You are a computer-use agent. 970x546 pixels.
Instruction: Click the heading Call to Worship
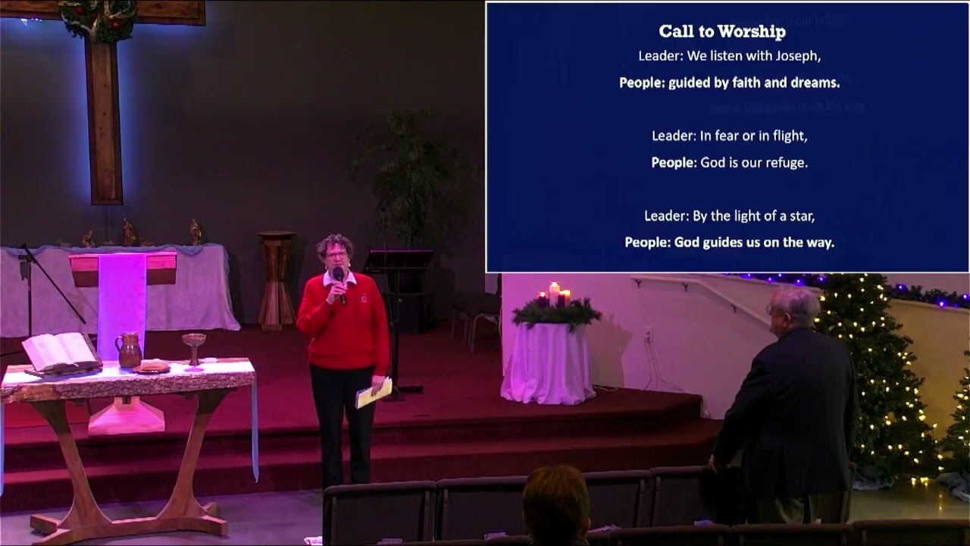point(721,31)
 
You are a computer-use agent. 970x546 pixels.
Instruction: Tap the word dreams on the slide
point(812,83)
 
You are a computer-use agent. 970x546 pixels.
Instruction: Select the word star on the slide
point(799,215)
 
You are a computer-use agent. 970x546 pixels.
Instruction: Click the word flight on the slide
point(786,136)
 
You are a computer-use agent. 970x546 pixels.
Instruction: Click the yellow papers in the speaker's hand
point(373,393)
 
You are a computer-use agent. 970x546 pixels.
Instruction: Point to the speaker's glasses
point(336,256)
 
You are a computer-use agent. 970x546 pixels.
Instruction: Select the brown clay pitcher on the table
point(129,350)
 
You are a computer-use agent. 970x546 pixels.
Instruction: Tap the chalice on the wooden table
point(194,346)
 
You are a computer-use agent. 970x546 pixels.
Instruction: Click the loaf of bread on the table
point(153,366)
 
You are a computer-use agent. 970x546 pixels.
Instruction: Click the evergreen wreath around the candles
point(556,312)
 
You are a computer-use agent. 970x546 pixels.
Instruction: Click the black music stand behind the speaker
point(398,262)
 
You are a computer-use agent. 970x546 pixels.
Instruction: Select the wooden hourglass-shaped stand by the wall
point(277,278)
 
